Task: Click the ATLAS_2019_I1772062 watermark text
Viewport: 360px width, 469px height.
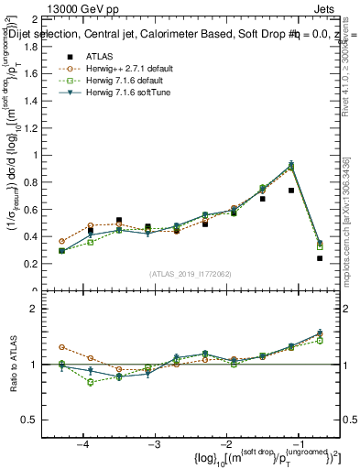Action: point(190,274)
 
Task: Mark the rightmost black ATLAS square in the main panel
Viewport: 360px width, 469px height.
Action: point(320,258)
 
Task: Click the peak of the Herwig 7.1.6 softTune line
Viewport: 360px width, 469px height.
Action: point(291,165)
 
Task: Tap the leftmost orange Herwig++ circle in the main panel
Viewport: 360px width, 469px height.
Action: point(61,241)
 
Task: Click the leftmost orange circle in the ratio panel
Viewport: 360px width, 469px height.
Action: point(61,347)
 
